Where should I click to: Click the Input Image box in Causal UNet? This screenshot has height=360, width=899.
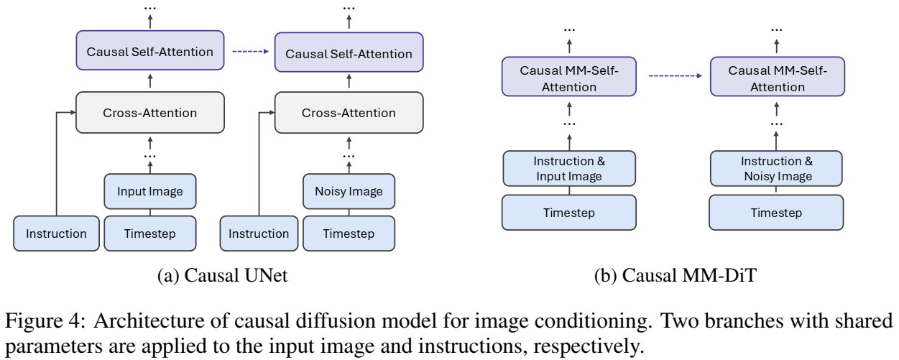tap(151, 192)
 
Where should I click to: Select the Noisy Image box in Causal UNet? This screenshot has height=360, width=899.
tap(349, 192)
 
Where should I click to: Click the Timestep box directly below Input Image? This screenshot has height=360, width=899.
tap(151, 234)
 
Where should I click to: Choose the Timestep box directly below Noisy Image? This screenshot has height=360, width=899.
tap(349, 234)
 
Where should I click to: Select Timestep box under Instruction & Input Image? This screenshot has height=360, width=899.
tap(568, 213)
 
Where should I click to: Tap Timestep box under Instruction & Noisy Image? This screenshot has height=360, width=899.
tap(777, 213)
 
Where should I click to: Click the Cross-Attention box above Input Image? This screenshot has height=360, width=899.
tap(149, 114)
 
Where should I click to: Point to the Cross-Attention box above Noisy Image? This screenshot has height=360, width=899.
tap(349, 114)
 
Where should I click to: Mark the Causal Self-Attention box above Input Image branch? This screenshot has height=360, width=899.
tap(149, 52)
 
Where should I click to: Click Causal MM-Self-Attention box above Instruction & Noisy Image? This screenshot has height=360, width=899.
tap(777, 79)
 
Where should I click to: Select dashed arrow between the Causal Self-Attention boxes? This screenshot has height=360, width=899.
tap(249, 52)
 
